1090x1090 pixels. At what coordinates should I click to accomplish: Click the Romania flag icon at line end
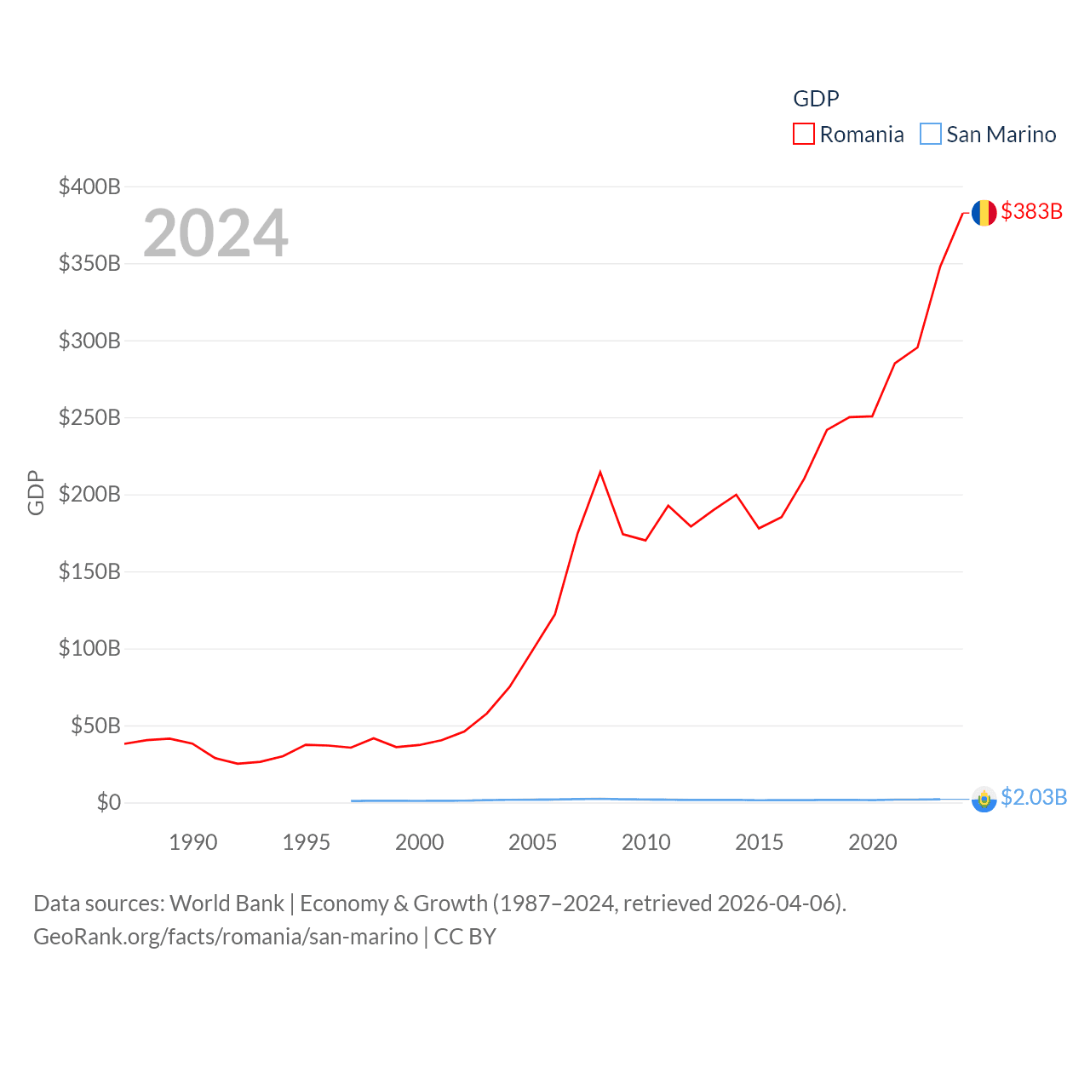[984, 212]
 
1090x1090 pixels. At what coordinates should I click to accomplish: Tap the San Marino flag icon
[984, 800]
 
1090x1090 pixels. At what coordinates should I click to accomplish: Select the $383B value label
[1032, 211]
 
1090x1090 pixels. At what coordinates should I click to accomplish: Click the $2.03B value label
[1034, 797]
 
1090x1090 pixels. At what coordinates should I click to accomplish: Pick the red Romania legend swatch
[803, 135]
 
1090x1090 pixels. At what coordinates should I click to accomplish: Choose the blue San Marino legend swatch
[930, 135]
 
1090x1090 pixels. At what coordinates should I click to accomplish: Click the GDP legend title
[816, 99]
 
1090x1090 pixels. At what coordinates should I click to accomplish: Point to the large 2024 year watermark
[215, 232]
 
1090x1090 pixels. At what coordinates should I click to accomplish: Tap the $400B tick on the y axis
[89, 186]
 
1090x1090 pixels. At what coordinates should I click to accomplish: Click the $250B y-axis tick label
[89, 417]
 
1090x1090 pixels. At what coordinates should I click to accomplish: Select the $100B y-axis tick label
[89, 648]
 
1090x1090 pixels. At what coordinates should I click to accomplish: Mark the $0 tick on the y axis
[108, 802]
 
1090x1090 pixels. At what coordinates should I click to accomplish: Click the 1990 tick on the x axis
[193, 842]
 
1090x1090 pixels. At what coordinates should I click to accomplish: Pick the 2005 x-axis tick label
[532, 842]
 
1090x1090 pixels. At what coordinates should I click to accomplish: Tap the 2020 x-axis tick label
[872, 842]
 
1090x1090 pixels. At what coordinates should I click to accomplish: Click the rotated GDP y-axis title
[36, 492]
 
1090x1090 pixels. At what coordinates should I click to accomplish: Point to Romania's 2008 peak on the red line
[600, 472]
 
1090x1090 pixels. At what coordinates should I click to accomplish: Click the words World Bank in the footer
[227, 903]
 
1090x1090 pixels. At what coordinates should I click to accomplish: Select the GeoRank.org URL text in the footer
[226, 937]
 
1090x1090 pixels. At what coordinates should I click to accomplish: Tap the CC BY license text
[465, 937]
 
